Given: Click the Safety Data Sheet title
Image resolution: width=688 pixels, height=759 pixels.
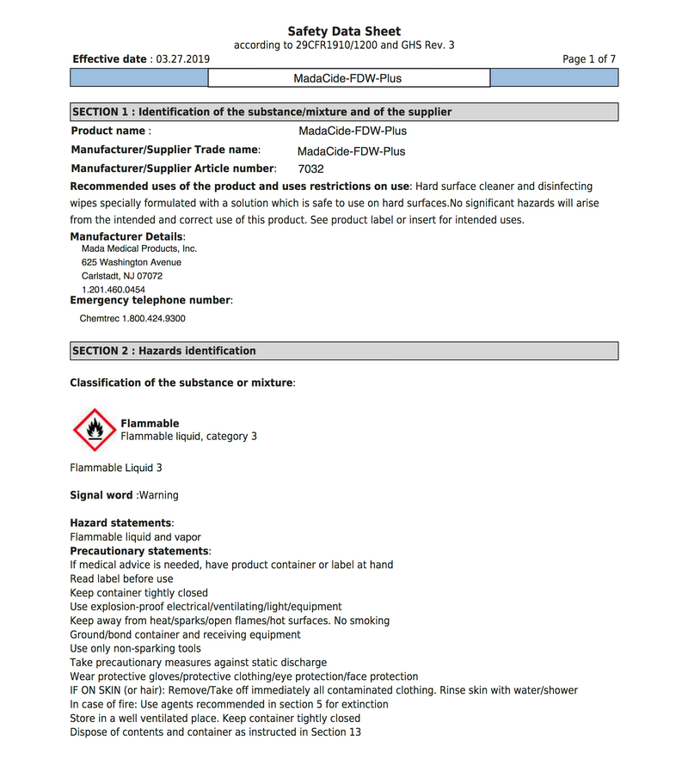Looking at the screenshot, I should [344, 31].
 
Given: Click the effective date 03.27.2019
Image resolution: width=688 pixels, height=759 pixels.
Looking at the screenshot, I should [181, 59].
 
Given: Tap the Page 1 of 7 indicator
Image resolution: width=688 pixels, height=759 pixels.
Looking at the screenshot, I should [589, 59].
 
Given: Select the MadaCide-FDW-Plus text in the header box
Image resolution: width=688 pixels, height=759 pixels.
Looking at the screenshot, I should [347, 78].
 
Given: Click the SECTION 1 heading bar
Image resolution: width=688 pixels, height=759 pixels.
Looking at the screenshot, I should [343, 112].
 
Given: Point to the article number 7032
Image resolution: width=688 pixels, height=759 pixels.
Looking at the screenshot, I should [310, 169].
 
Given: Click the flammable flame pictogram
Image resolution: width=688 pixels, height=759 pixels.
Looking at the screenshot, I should [94, 430].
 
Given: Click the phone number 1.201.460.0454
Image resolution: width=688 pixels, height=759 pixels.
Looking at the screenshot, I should [113, 290].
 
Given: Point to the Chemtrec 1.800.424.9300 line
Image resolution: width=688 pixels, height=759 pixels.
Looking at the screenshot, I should [132, 318].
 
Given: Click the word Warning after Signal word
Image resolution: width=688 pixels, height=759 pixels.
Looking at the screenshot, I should [159, 495].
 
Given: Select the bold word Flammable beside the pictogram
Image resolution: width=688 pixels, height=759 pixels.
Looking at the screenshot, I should [150, 423].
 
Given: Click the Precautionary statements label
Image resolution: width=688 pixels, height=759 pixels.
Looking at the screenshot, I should [138, 551].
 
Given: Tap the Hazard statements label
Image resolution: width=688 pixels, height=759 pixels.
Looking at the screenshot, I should [120, 523].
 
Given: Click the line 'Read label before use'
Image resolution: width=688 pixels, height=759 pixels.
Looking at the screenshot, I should [121, 578].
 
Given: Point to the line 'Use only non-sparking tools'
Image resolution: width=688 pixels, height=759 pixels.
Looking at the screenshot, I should [135, 648].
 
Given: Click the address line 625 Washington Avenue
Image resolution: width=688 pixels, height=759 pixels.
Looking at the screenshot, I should [131, 262].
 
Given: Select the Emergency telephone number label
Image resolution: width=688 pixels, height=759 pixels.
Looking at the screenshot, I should [150, 300].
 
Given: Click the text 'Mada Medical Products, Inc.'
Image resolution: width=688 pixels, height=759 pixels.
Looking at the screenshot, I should [138, 248].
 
